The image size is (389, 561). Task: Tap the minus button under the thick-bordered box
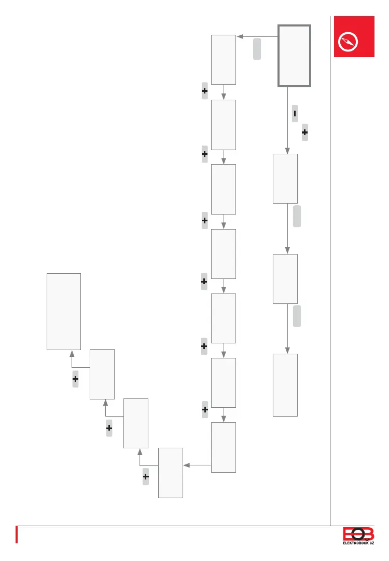[295, 113]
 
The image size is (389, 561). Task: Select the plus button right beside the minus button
[304, 133]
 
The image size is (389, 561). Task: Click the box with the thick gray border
[295, 56]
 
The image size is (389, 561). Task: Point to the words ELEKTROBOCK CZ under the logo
[358, 543]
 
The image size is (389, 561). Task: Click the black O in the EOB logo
[358, 534]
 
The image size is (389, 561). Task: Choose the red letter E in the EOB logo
[348, 534]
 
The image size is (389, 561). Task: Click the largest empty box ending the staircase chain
[64, 311]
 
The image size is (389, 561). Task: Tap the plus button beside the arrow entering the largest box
[75, 380]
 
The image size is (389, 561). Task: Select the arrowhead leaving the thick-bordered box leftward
[239, 36]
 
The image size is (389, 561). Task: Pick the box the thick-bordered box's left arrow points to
[224, 59]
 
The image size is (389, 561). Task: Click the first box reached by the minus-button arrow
[285, 178]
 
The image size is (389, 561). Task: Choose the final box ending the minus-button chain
[285, 385]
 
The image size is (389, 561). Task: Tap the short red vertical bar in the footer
[17, 535]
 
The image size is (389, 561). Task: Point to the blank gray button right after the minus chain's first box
[297, 216]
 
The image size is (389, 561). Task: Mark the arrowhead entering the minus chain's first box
[288, 151]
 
